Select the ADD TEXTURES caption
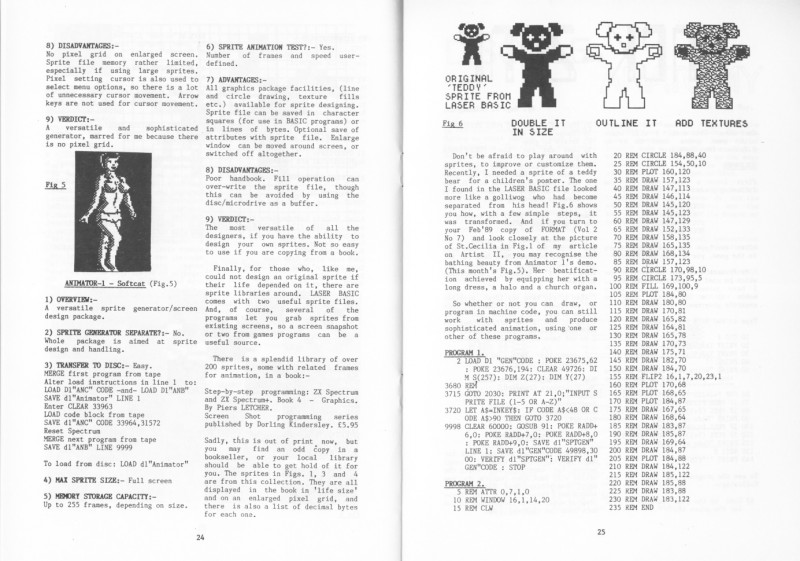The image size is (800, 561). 712,123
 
